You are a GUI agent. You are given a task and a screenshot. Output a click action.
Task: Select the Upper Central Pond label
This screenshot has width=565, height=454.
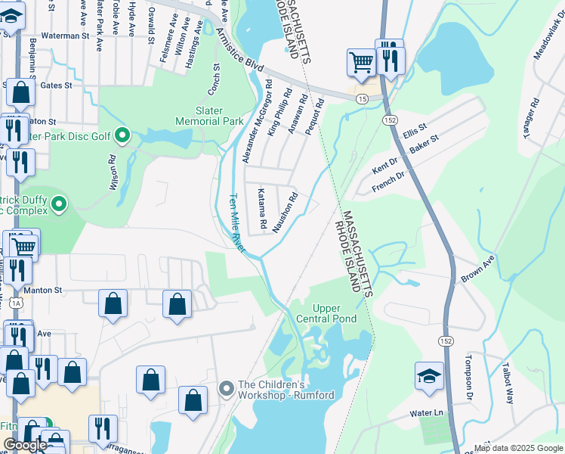(326, 313)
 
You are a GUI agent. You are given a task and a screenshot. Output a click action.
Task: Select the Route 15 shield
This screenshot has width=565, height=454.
(363, 99)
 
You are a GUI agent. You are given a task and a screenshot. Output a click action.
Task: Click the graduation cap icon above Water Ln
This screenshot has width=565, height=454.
(429, 376)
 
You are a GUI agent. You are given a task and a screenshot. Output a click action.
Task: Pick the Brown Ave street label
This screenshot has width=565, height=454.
(477, 269)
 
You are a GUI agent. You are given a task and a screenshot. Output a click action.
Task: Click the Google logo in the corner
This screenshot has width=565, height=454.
(25, 445)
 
